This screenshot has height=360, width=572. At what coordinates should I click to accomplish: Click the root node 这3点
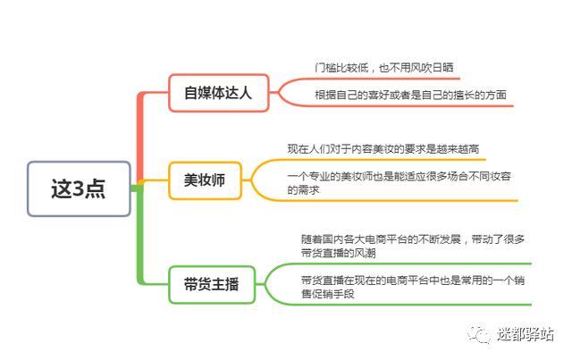click(79, 188)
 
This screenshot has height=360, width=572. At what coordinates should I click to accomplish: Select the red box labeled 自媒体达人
click(218, 93)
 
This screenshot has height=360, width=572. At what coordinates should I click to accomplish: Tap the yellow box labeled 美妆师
click(205, 180)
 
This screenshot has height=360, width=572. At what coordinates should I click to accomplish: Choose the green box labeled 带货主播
click(212, 284)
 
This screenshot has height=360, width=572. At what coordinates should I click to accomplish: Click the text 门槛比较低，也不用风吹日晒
click(384, 68)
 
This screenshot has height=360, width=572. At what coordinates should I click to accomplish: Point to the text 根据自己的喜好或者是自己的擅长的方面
click(410, 95)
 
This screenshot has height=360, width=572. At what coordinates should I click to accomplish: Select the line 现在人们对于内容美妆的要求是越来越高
click(383, 149)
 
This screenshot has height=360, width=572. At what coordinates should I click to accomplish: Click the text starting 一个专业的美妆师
click(399, 183)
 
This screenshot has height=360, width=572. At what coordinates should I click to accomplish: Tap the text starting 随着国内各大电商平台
click(413, 246)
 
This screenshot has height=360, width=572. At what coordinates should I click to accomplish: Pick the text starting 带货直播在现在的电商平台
click(413, 287)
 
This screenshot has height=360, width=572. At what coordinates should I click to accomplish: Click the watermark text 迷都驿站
click(526, 334)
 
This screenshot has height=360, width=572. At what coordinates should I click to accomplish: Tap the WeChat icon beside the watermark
click(479, 334)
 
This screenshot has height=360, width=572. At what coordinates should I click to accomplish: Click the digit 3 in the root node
click(78, 189)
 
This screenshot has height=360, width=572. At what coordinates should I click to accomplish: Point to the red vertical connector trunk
click(140, 138)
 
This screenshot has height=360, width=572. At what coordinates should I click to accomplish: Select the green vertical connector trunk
click(140, 236)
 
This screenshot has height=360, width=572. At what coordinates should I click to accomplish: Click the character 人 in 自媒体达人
click(246, 93)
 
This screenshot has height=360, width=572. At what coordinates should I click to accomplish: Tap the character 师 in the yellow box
click(218, 180)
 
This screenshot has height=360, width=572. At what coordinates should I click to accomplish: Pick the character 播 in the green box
click(232, 284)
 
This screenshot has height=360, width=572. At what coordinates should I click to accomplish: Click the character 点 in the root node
click(96, 189)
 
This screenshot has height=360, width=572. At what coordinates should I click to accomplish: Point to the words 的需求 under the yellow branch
click(304, 190)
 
